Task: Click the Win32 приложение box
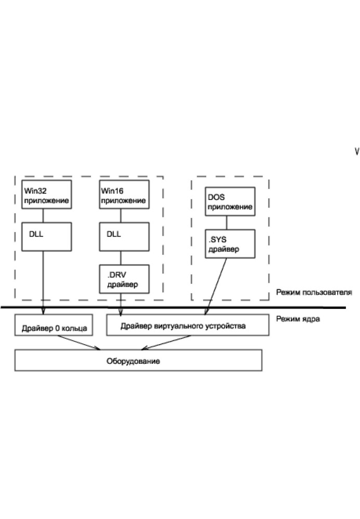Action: pos(45,194)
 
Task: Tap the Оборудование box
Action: pos(138,360)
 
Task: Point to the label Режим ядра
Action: pos(298,319)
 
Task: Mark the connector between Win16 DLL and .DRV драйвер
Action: pos(121,257)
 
